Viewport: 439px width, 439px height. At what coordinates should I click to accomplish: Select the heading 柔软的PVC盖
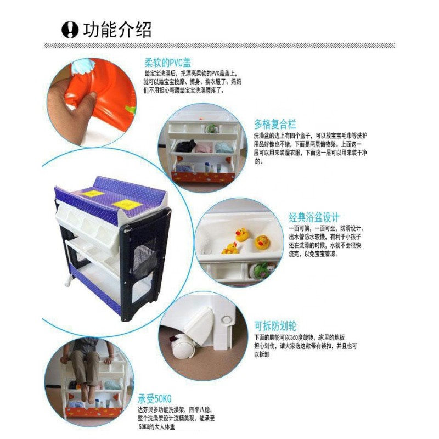[167, 61]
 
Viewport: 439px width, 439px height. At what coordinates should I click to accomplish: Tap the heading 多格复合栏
[275, 123]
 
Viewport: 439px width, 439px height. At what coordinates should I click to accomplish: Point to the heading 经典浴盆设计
[314, 217]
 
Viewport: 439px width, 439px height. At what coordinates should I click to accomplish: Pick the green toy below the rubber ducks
[264, 270]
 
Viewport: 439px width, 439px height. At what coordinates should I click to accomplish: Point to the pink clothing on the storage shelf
[204, 148]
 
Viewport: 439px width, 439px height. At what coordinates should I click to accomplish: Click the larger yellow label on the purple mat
[127, 205]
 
